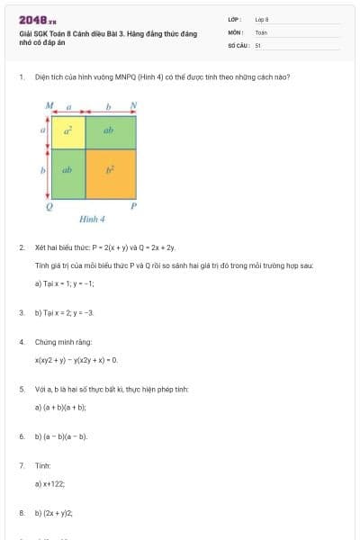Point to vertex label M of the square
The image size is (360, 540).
(49, 105)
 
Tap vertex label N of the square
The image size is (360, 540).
(133, 105)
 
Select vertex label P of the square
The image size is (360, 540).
(133, 206)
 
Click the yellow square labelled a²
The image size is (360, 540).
(67, 131)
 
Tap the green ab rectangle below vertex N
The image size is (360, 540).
(110, 131)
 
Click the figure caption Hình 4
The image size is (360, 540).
(92, 220)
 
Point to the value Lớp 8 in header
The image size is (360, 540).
(262, 19)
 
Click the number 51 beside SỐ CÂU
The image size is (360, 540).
(258, 44)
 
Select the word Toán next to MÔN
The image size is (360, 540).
(262, 31)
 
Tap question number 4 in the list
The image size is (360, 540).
(22, 342)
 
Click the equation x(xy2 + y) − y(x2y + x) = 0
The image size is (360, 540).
(76, 360)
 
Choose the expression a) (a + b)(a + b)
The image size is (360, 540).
(60, 407)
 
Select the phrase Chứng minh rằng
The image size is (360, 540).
(58, 342)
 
